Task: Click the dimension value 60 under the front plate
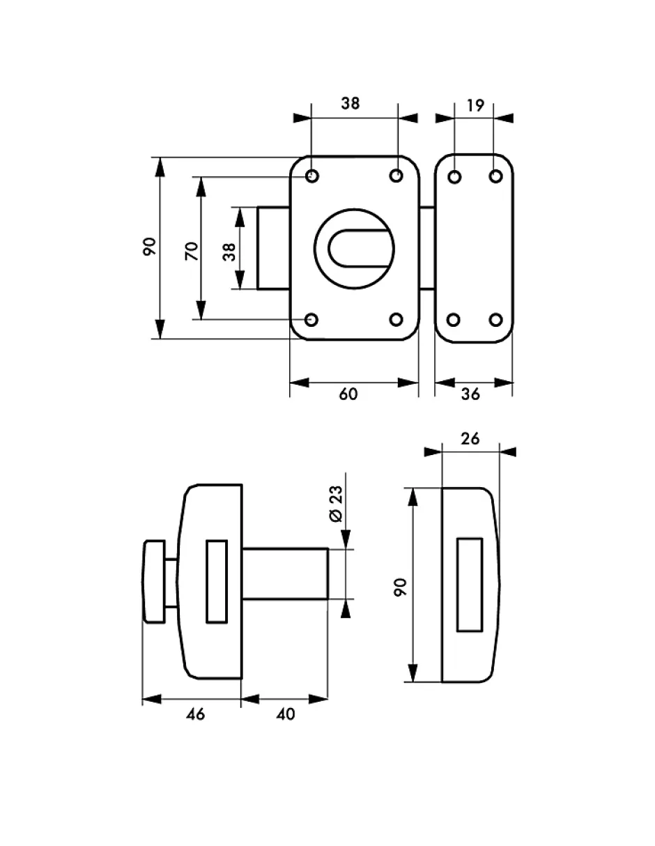348,394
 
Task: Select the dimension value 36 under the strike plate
471,394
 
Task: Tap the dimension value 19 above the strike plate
475,105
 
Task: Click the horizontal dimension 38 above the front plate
350,103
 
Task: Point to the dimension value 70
191,250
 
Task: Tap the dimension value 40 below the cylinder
285,714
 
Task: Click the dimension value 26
470,438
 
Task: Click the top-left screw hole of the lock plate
312,176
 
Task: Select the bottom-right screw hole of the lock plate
396,320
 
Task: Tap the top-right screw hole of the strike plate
495,177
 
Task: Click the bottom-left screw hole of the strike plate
454,320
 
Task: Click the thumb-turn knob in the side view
153,580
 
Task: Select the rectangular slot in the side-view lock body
217,580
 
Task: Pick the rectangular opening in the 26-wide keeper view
470,584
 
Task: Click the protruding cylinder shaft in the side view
286,574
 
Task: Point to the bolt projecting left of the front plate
273,247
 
